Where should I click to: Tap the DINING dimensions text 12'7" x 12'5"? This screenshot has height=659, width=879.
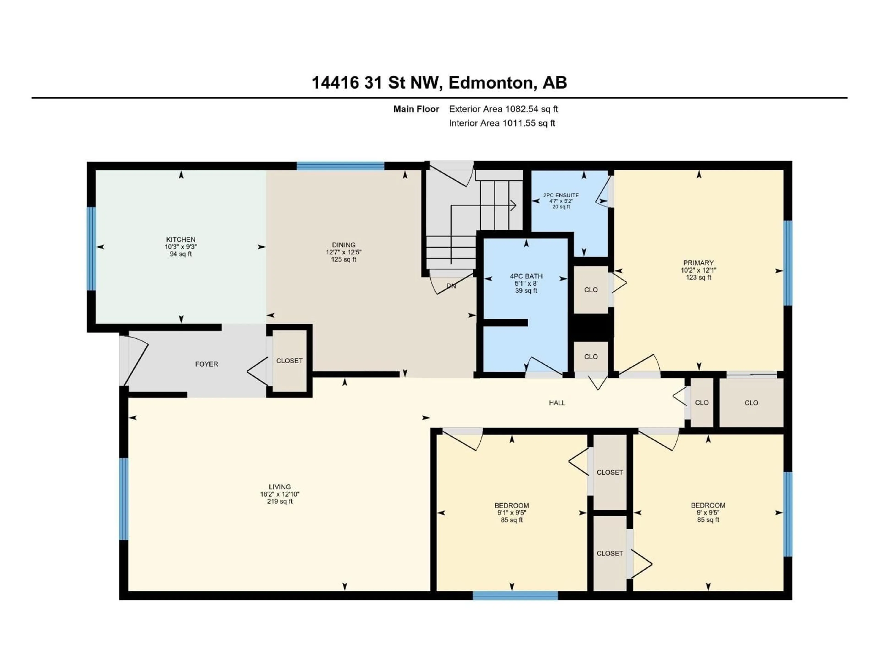344,252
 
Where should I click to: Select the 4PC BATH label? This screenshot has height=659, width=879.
526,276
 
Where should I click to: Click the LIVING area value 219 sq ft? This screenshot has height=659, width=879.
280,501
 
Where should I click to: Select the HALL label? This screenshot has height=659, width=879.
557,403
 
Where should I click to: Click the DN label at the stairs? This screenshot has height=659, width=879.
451,286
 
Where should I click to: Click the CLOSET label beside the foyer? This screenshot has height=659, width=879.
289,361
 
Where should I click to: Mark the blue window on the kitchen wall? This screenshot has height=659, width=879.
91,248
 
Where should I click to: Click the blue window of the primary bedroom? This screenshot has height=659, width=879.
788,263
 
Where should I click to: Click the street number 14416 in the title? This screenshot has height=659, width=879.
335,83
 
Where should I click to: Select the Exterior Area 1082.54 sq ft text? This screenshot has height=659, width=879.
503,109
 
